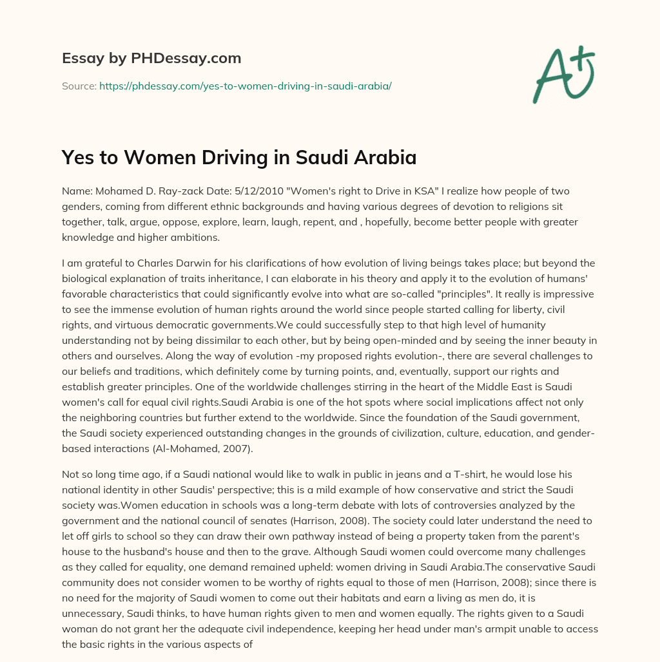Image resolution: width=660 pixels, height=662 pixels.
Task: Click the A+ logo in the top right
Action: (x=563, y=73)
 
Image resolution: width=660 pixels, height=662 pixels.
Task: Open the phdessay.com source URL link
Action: (x=245, y=86)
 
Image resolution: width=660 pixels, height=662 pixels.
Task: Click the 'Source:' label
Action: (x=79, y=86)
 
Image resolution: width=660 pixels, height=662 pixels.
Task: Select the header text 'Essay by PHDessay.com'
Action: (x=151, y=59)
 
